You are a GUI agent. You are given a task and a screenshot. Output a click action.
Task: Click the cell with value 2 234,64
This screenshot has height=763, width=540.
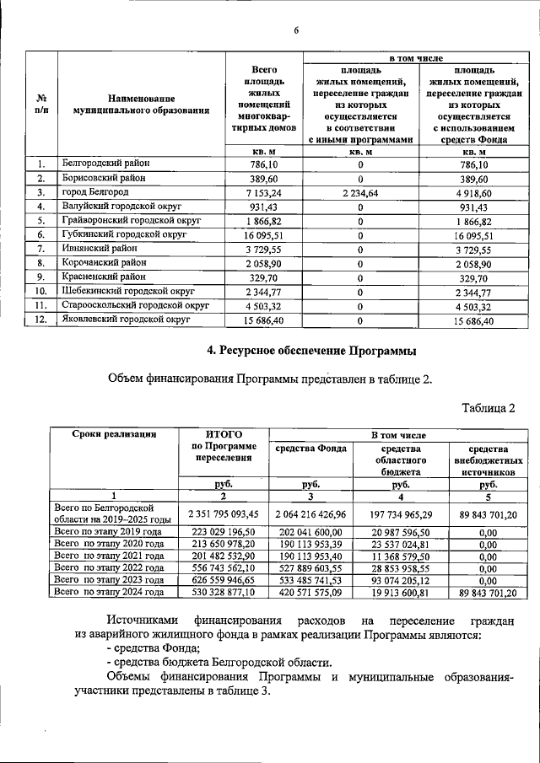[360, 193]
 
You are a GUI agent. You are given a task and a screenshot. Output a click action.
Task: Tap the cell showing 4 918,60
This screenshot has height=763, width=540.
[479, 193]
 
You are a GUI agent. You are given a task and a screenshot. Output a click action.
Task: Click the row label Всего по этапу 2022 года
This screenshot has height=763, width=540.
[108, 568]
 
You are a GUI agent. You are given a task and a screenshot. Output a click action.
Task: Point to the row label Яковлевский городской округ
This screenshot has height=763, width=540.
[127, 320]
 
